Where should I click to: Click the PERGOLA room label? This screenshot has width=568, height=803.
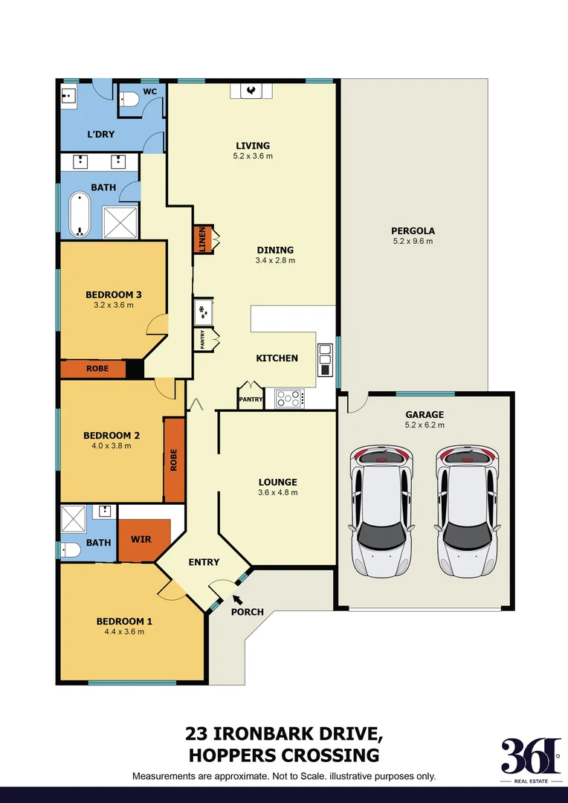[x=413, y=230]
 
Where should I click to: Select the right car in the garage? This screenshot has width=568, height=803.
[x=464, y=512]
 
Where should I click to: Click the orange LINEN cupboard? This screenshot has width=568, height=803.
[x=201, y=240]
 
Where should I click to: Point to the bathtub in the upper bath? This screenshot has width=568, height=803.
[x=78, y=215]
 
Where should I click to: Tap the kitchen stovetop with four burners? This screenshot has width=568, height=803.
[x=288, y=399]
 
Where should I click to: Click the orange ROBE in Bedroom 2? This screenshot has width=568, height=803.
[x=174, y=459]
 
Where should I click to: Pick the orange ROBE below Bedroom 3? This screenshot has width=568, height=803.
[x=97, y=369]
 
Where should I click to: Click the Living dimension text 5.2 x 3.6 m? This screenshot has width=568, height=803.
[x=253, y=156]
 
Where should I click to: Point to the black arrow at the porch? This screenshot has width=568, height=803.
[x=237, y=599]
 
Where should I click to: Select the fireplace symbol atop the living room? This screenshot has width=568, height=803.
[x=251, y=91]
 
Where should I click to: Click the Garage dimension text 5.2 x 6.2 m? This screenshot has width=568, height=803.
[x=425, y=425]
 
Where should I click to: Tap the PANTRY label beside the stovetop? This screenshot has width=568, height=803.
[x=250, y=399]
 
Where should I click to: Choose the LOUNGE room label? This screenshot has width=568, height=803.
[x=278, y=482]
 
